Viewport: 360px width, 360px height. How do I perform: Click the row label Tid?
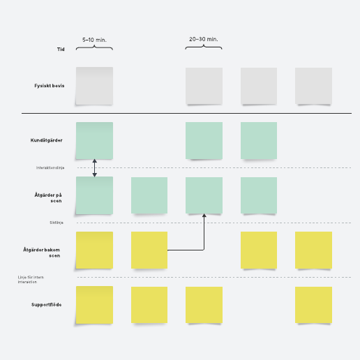[61, 49]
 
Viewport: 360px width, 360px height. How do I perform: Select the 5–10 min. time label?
[94, 40]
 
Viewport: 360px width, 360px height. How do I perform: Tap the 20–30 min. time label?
[204, 39]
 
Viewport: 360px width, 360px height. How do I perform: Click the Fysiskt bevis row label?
[50, 86]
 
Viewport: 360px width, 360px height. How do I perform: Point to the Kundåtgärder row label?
[47, 140]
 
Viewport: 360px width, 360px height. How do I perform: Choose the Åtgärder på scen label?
[48, 197]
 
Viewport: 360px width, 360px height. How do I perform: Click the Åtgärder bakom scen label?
[42, 253]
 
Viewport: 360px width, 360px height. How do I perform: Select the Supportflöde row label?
[47, 305]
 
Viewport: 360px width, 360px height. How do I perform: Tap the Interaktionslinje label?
[50, 167]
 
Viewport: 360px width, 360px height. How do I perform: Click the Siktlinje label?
[57, 223]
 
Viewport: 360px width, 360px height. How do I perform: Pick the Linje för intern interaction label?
[31, 280]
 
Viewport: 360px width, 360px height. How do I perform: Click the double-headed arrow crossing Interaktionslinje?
[94, 168]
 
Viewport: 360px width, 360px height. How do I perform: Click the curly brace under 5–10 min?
[94, 48]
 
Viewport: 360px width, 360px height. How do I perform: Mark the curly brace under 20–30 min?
[204, 47]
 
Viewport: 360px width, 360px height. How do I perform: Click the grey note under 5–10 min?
[94, 86]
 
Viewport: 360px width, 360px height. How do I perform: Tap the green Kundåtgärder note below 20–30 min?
[204, 140]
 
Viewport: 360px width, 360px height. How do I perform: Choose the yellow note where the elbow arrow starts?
[149, 250]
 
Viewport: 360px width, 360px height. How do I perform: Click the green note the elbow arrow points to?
[204, 195]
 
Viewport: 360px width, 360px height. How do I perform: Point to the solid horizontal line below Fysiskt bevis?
[186, 113]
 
